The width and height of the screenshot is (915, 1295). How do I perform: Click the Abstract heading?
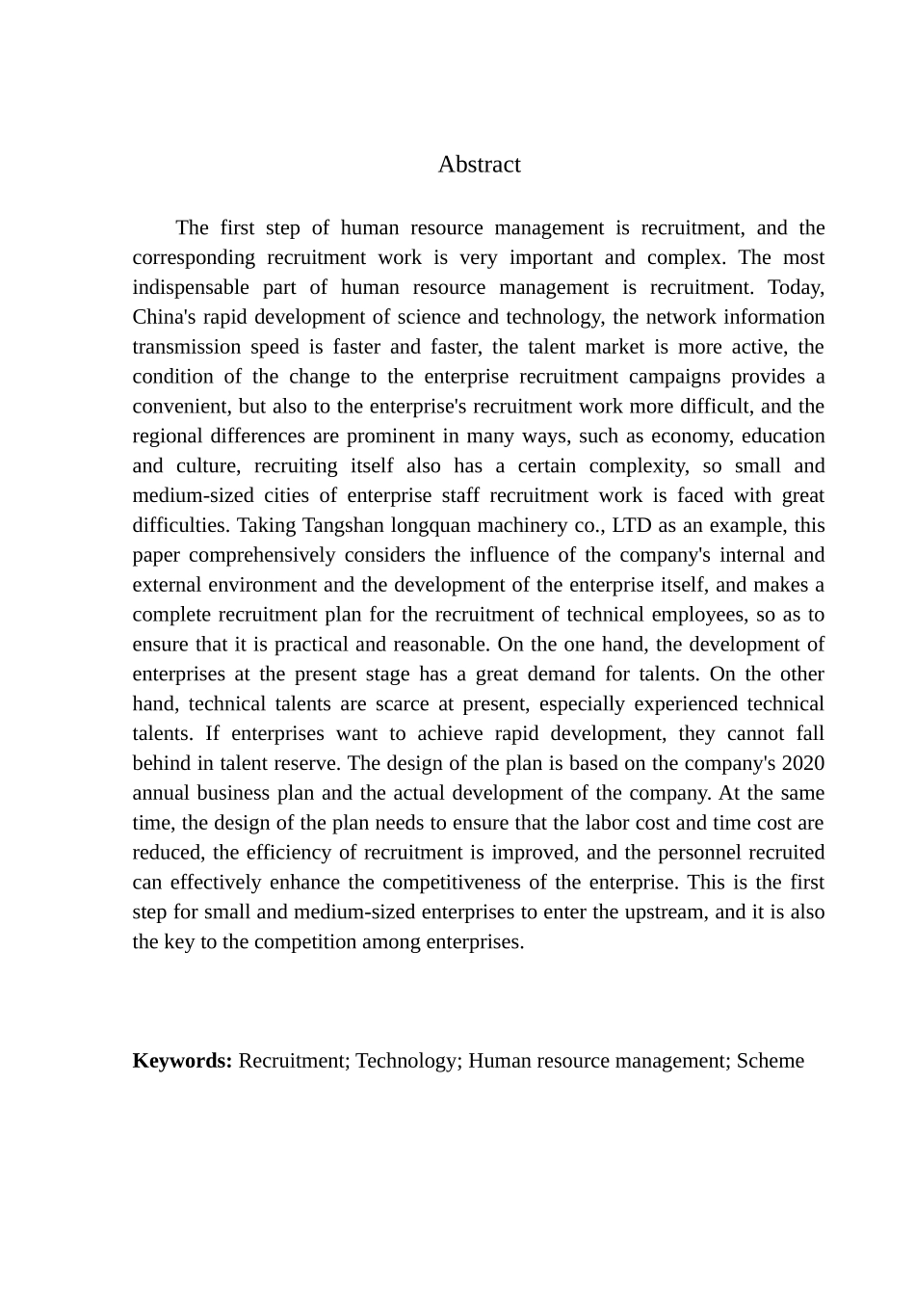click(479, 165)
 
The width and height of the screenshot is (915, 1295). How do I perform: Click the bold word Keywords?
click(182, 1061)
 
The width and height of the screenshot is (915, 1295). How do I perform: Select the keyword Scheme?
click(770, 1061)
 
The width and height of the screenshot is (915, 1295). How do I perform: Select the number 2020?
click(802, 764)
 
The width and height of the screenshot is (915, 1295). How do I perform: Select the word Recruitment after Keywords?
click(294, 1061)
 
